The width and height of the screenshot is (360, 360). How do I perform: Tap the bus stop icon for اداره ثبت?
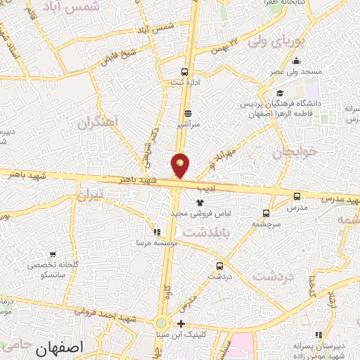coord(185,72)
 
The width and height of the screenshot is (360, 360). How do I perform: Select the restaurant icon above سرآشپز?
coord(187,112)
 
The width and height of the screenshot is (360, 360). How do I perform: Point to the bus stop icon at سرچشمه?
coord(266,212)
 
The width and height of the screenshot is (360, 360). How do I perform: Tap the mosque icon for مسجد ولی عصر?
coord(297,60)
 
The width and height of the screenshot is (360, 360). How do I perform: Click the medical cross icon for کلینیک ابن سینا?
coord(181,324)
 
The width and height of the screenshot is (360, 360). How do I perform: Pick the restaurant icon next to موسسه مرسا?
coord(156,232)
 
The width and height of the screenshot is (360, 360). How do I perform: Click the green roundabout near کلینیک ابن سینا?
coord(161,323)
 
